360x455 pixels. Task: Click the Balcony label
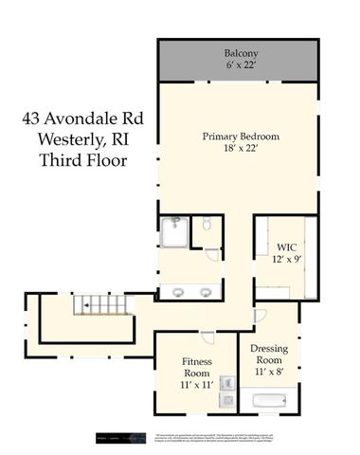coord(242,52)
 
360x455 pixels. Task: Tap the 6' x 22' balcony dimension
coord(242,66)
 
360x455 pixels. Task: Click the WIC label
coord(287,246)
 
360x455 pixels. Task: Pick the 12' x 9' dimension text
coord(287,259)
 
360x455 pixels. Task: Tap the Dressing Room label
coord(269,355)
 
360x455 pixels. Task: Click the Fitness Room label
coord(197,368)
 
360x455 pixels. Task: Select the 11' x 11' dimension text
coord(197,385)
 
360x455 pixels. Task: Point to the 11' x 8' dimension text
coord(269,372)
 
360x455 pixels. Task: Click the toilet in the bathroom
coord(207,226)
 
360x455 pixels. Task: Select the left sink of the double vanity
coord(177,290)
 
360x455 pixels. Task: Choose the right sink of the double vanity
coord(205,290)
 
